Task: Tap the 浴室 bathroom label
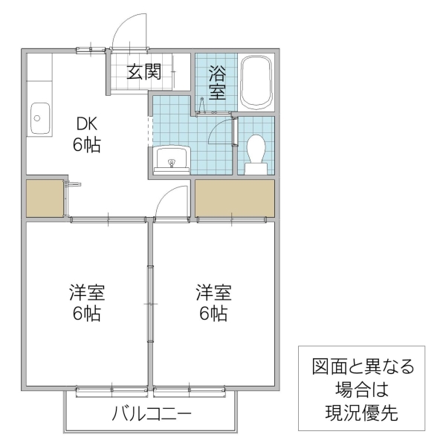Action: point(217,83)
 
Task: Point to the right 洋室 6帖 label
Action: point(213,302)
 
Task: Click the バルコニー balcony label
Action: point(152,413)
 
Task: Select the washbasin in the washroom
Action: point(173,159)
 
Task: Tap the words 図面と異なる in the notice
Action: point(361,366)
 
